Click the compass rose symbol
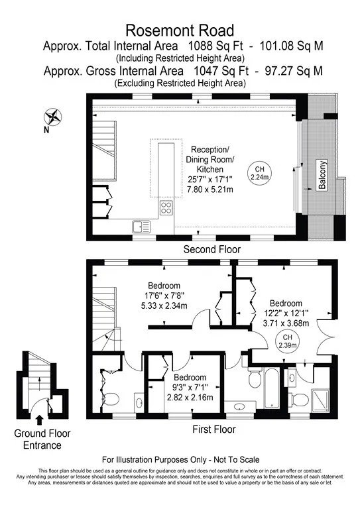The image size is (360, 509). pos(53,117)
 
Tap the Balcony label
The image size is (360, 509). pos(322,175)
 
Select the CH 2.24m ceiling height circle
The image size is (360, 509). pos(260,173)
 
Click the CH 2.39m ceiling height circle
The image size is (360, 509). pos(287,341)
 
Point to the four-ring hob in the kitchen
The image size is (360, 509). pos(166,207)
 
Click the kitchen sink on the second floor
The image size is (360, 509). pos(141,226)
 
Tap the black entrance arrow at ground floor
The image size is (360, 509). pos(40,420)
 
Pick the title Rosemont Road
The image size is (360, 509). pos(180,30)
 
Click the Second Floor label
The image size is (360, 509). pos(212,249)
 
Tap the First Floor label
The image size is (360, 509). pos(214,429)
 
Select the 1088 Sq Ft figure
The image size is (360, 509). pos(215,46)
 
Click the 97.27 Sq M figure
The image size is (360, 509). pos(294,70)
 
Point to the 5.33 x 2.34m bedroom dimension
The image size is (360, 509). pos(164,306)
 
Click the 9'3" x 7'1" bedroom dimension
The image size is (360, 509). pos(190,387)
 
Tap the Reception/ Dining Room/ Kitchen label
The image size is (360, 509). pos(210,159)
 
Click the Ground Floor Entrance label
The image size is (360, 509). pos(42,439)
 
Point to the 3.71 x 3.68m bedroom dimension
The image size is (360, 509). pos(286,323)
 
